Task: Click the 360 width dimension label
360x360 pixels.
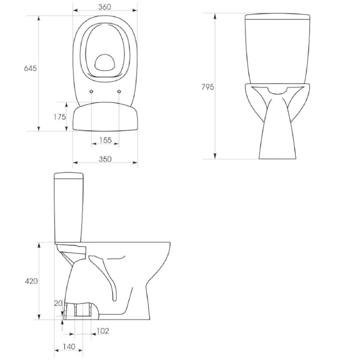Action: [x=104, y=7]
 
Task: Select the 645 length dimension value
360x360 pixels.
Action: [x=30, y=68]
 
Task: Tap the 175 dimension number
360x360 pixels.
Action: [x=60, y=117]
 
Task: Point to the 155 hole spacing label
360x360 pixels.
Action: [x=106, y=140]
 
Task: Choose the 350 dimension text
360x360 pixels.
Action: [x=105, y=159]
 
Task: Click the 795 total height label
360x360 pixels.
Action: [x=208, y=87]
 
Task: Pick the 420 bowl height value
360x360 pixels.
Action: [x=31, y=281]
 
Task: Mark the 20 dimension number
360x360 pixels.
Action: [x=58, y=303]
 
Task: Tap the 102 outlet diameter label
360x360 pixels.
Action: [x=103, y=331]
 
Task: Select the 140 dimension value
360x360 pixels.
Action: [x=69, y=346]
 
